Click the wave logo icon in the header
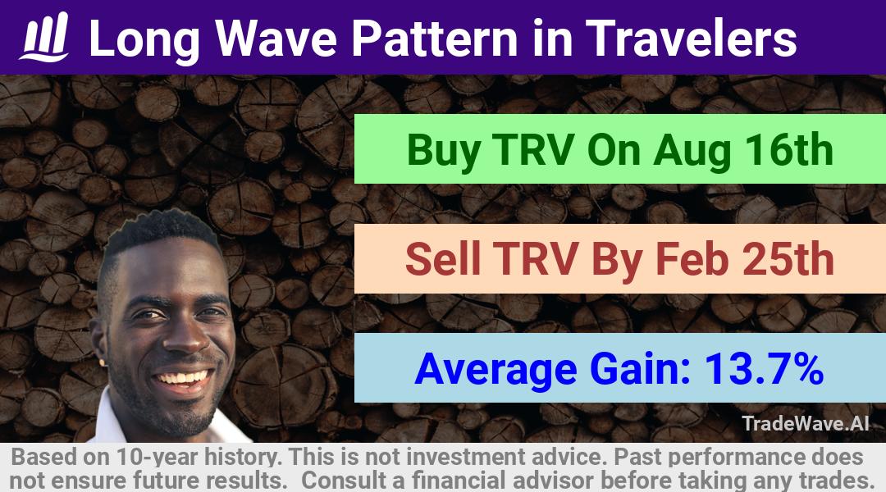(x=44, y=36)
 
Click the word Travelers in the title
(x=691, y=38)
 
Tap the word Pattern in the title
(x=435, y=38)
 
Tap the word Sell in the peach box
(x=442, y=259)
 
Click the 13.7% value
(x=764, y=369)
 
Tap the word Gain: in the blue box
(x=640, y=369)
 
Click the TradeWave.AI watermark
(x=806, y=423)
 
